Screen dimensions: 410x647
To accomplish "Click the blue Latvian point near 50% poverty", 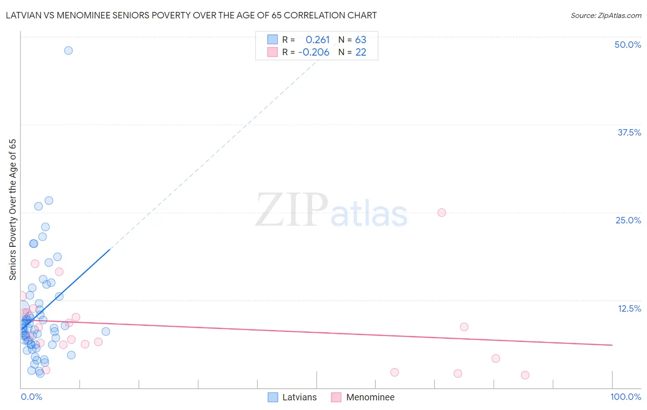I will pos(68,51).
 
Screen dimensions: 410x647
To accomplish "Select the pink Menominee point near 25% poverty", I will pos(442,212).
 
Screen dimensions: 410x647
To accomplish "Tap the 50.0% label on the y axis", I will pos(628,45).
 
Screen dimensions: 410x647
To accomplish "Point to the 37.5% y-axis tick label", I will pos(629,132).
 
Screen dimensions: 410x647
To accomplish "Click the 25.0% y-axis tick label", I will pos(628,220).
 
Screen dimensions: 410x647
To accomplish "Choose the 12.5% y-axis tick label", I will pos(629,308).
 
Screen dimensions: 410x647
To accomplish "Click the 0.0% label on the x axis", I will pos(31,397).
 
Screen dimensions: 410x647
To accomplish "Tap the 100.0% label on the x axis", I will pos(625,397).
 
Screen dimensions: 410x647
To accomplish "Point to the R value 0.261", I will pos(318,40).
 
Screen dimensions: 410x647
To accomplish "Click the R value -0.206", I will pos(314,52).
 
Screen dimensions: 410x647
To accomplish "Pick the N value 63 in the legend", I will pos(361,40).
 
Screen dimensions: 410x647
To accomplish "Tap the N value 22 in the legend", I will pos(361,52).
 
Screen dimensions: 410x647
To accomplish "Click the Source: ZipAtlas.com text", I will pos(606,16).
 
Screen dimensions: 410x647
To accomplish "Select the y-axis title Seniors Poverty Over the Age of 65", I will pos(13,209).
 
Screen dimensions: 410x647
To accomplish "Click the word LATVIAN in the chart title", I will pos(23,16).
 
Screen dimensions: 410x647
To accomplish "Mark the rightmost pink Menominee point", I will pos(525,375).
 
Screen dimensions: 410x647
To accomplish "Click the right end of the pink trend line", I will pos(612,345).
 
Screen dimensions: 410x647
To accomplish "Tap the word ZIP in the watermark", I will pos(291,211).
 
